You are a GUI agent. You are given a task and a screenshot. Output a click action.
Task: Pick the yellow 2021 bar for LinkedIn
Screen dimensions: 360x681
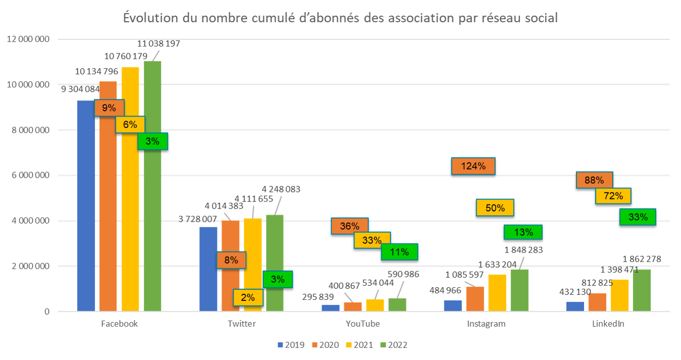(619, 295)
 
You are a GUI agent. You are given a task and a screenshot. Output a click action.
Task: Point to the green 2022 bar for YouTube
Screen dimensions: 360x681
(397, 304)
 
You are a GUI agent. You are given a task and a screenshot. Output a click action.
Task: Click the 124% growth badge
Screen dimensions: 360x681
(473, 166)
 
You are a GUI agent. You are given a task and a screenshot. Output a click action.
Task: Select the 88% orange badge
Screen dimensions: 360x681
(594, 180)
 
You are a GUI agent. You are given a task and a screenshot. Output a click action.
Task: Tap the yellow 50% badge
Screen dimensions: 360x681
(495, 208)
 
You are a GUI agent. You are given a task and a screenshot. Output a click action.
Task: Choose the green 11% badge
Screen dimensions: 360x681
(399, 252)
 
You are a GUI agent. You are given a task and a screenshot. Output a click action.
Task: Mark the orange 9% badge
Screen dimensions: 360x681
(109, 108)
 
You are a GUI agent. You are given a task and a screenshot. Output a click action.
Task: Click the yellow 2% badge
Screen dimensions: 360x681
(247, 297)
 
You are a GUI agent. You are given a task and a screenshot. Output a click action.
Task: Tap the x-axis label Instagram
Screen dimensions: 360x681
(486, 324)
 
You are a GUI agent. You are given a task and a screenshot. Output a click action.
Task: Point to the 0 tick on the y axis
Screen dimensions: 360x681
(47, 312)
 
